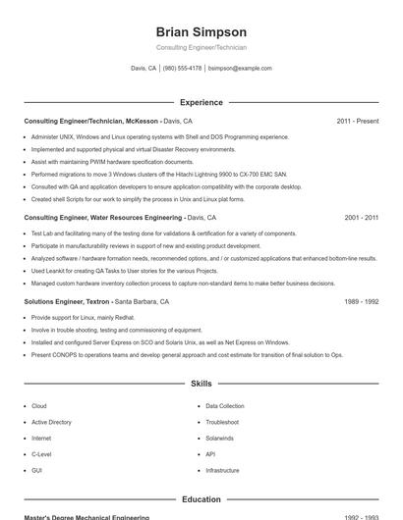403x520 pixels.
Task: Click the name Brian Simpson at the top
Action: pos(201,31)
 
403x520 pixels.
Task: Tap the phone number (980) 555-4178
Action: pos(183,69)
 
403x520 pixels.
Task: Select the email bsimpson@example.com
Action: pos(240,69)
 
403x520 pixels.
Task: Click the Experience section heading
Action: pos(201,102)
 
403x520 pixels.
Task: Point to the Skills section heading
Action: pos(201,384)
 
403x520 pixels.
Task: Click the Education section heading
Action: pos(201,499)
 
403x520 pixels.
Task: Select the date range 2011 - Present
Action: pos(357,121)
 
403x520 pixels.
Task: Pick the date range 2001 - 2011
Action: pos(361,217)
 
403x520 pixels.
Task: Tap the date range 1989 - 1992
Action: pos(361,302)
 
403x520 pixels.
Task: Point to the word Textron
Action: pos(94,302)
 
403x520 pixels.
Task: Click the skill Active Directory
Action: pos(51,422)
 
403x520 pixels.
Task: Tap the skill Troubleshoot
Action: pos(223,422)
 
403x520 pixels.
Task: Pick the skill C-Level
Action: pos(41,454)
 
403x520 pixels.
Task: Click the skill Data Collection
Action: pos(225,405)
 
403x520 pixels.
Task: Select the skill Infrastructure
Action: pos(222,470)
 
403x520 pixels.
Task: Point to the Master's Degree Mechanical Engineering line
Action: pos(86,517)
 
